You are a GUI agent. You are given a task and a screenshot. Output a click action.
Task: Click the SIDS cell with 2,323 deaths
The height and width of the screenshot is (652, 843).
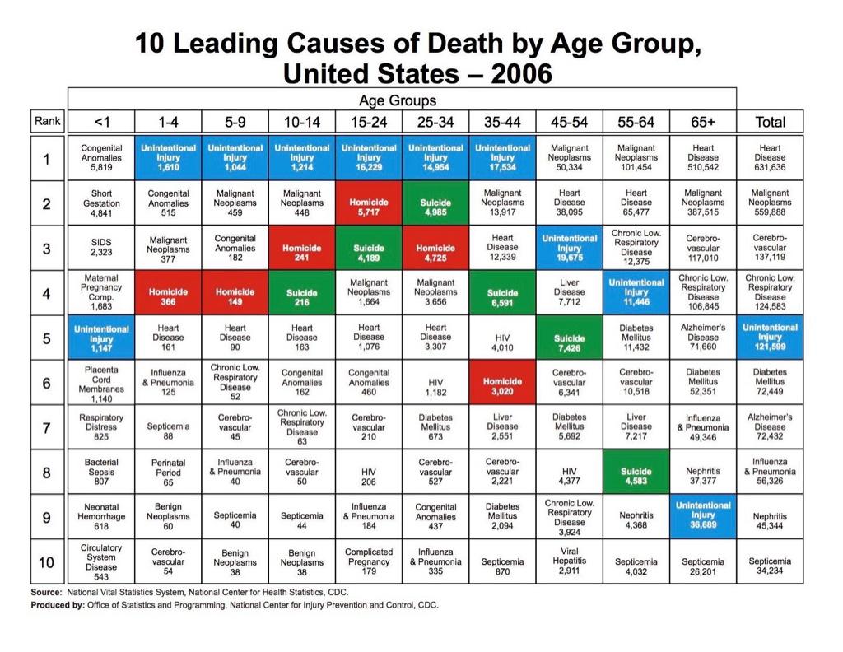[x=101, y=248]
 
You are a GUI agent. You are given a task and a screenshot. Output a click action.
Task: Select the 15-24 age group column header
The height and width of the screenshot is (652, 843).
[x=369, y=122]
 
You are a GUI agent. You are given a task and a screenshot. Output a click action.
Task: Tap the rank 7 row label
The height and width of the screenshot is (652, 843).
[x=49, y=427]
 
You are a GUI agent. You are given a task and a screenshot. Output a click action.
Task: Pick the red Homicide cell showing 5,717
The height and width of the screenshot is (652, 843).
[x=369, y=203]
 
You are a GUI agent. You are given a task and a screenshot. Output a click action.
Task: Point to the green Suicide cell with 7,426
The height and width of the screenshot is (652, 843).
[x=569, y=338]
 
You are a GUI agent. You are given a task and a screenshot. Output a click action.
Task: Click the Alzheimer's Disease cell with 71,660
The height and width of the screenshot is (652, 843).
[x=702, y=338]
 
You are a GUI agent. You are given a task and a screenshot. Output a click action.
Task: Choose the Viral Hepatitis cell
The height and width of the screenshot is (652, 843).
[x=569, y=561]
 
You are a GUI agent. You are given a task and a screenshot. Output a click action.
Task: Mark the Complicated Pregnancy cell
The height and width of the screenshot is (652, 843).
[x=369, y=561]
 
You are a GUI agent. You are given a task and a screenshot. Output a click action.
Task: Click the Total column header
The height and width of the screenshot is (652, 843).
[x=770, y=122]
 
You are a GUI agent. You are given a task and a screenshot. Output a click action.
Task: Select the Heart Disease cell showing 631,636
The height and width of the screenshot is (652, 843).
[x=770, y=158]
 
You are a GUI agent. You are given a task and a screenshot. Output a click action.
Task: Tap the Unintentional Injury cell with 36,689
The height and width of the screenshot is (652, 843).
[x=702, y=516]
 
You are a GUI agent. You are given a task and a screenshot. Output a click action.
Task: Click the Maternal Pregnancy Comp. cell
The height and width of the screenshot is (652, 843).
[x=101, y=292]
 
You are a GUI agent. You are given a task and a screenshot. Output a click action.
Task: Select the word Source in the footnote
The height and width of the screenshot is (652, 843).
[x=45, y=592]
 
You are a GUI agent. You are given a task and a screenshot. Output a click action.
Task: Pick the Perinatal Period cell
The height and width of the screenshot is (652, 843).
[x=168, y=473]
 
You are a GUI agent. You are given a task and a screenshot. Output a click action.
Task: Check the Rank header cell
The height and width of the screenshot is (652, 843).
[x=49, y=122]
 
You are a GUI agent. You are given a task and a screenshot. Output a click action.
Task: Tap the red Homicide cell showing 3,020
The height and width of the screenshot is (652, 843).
[x=502, y=382]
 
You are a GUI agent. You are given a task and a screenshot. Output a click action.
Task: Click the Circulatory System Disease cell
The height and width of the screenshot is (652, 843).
[x=101, y=561]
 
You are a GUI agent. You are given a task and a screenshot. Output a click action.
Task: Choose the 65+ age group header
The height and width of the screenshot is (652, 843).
[x=702, y=122]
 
